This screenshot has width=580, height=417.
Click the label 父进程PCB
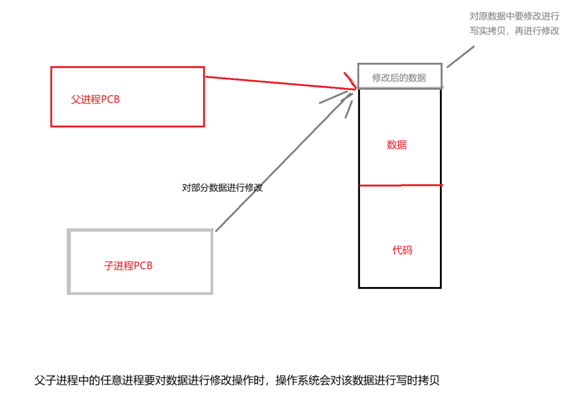tap(95, 99)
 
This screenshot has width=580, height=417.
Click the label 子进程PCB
tap(128, 266)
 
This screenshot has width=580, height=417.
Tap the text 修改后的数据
tap(399, 78)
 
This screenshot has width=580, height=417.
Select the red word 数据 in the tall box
tap(396, 145)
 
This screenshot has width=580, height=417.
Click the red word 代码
tap(402, 250)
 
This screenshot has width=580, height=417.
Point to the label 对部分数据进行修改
tap(222, 188)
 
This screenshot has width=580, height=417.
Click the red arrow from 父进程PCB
tap(275, 83)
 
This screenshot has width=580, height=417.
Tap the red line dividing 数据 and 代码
tap(400, 185)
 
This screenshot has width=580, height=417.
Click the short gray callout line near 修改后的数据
tap(460, 57)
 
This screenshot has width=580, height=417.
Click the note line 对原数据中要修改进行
tap(514, 16)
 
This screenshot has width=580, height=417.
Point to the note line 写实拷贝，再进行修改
tap(514, 31)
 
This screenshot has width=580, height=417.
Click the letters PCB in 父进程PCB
tap(110, 99)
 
